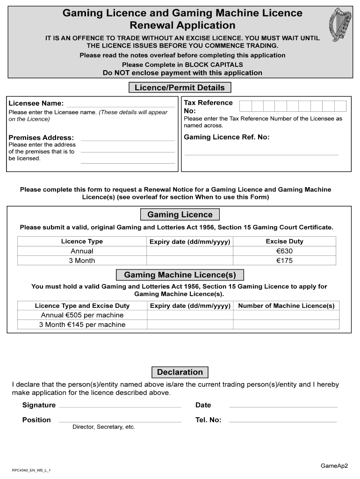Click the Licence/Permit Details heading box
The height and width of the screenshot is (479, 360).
(x=180, y=88)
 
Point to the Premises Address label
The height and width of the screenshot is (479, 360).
(x=41, y=138)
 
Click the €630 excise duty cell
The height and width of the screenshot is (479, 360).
(x=284, y=251)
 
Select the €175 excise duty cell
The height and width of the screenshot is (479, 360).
(x=284, y=261)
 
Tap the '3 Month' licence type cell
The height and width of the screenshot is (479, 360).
(x=82, y=261)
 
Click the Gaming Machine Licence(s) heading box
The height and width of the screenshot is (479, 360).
(x=180, y=275)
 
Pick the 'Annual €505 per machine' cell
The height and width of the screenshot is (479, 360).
(x=82, y=315)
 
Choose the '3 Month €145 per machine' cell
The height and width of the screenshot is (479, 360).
(x=82, y=325)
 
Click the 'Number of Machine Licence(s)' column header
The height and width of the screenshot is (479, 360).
(x=286, y=306)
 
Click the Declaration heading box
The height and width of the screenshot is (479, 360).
(x=180, y=372)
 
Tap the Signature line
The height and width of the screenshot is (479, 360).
(x=120, y=405)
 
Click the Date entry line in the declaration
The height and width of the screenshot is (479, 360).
(x=283, y=405)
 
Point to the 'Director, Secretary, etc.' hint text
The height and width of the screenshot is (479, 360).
(x=103, y=427)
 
